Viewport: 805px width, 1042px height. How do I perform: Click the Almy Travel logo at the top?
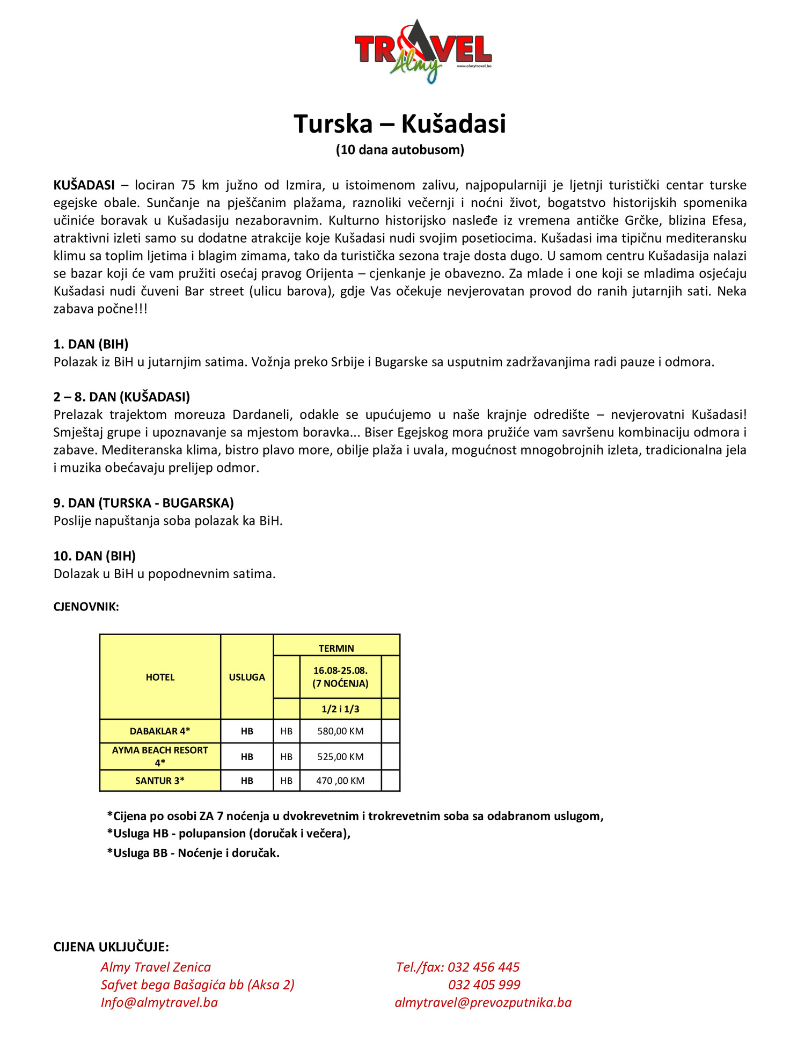(x=423, y=51)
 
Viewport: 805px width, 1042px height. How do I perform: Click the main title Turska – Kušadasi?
(x=400, y=124)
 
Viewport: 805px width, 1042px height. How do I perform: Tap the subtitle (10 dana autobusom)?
(x=400, y=150)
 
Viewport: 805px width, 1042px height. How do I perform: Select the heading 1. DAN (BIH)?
(x=91, y=344)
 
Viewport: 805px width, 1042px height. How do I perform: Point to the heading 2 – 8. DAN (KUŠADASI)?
(x=122, y=397)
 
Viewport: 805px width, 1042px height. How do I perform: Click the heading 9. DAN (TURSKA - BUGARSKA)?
(x=143, y=503)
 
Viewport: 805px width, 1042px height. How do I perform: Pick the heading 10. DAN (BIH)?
(x=94, y=556)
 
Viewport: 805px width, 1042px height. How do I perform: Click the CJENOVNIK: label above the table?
(x=86, y=607)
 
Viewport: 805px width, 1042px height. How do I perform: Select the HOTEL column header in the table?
(x=160, y=677)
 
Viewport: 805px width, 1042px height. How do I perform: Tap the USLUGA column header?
(x=247, y=677)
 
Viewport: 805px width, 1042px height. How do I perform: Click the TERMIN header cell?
(x=336, y=648)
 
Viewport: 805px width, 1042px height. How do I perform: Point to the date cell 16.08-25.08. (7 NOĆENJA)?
(x=340, y=677)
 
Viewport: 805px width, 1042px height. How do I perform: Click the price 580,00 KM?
(x=340, y=731)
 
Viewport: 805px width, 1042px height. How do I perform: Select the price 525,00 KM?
(x=340, y=756)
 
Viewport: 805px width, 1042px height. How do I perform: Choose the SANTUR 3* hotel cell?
(x=160, y=781)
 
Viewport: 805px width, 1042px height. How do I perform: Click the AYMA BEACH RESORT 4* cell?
(x=160, y=756)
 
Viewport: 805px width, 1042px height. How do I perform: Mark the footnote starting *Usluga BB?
(x=193, y=853)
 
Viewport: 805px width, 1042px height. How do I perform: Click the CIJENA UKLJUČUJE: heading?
(x=111, y=946)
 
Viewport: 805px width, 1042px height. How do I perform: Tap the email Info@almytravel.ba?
(x=159, y=1002)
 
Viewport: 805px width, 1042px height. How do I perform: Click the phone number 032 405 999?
(x=484, y=985)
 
